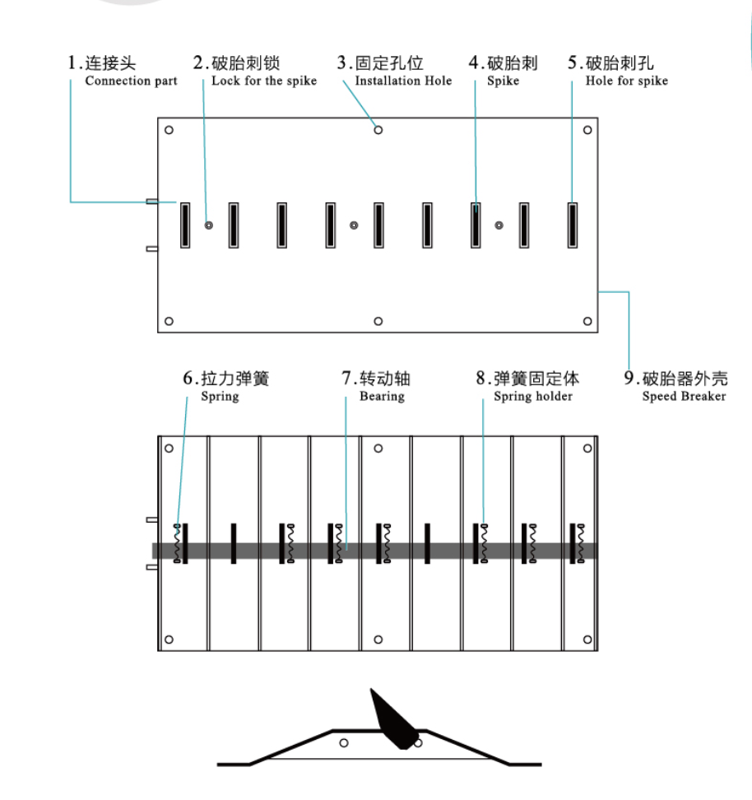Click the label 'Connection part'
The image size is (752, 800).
click(131, 81)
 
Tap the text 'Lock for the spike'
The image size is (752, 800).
click(263, 81)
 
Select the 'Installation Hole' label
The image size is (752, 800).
click(403, 81)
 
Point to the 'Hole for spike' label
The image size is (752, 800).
click(626, 81)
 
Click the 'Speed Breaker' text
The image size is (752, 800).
click(684, 397)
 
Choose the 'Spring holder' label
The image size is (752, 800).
click(532, 397)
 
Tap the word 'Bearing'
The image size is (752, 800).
click(382, 397)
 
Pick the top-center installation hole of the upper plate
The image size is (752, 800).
click(378, 129)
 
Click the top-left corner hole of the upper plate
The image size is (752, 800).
click(169, 130)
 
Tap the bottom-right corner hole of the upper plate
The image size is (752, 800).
click(587, 321)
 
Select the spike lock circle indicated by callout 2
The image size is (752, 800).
click(209, 225)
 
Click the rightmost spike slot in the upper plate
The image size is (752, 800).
click(572, 225)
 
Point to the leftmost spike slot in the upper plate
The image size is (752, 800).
click(185, 225)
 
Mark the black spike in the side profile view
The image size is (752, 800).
click(394, 721)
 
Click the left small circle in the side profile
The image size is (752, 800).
click(344, 743)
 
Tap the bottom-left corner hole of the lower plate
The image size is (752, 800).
click(169, 640)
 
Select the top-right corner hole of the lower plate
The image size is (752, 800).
click(587, 449)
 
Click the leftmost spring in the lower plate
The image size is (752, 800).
click(177, 543)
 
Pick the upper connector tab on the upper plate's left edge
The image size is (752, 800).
click(151, 202)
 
